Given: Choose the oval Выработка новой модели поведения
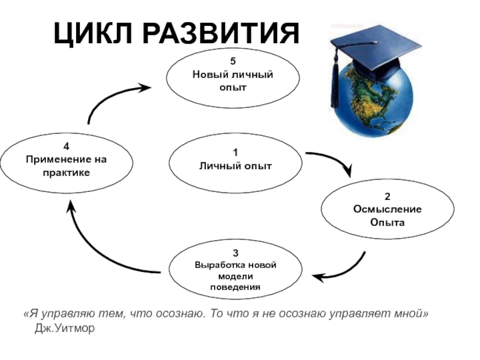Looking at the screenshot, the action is pos(235,269).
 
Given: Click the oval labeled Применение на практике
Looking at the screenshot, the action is pos(66,160).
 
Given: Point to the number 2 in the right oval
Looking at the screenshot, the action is pos(388,196).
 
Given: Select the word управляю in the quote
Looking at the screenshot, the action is pos(62,315).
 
